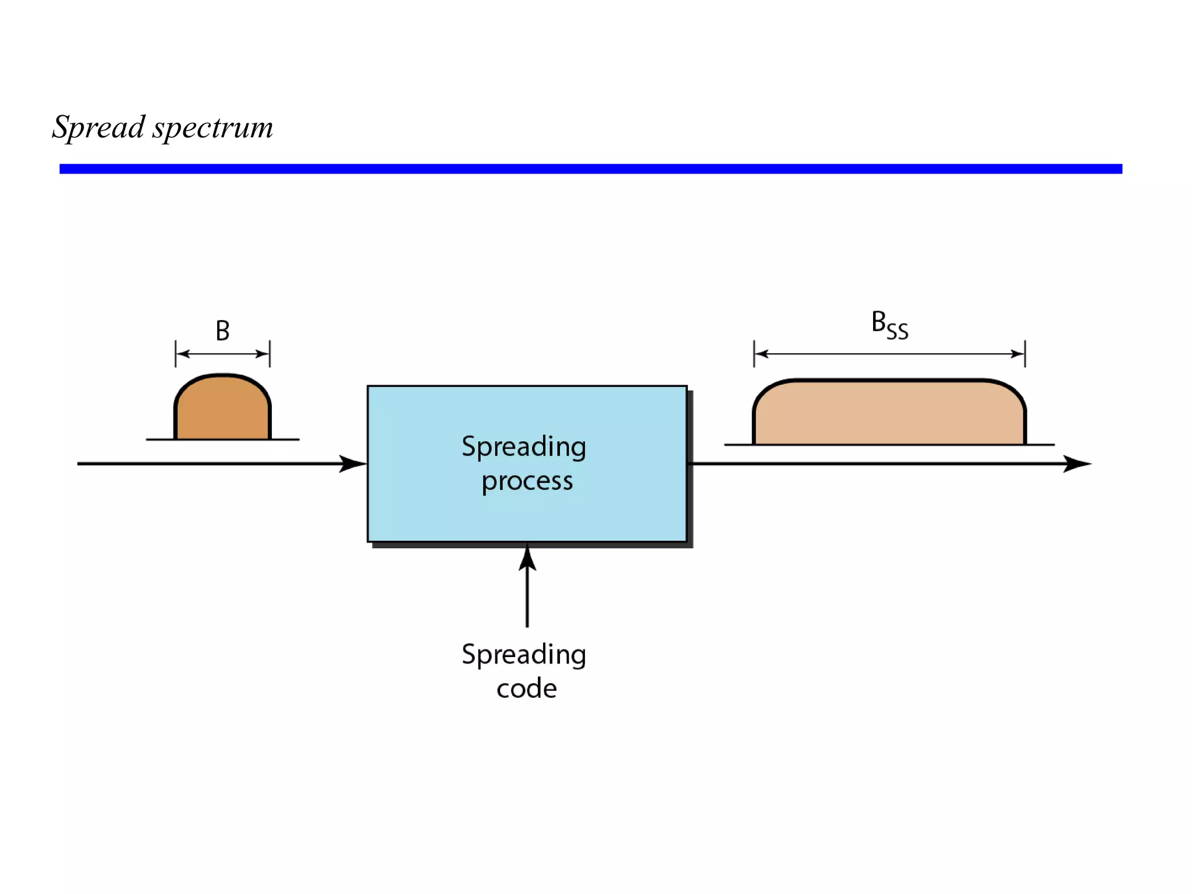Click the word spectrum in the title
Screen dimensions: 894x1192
[213, 128]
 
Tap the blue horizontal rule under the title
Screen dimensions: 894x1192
[590, 169]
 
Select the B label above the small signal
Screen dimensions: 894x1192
[222, 331]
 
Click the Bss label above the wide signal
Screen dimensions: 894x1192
[889, 325]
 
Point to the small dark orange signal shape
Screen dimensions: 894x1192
[222, 410]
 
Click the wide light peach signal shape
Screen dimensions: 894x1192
[889, 414]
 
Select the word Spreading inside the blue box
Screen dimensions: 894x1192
[524, 447]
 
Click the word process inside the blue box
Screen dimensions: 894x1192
[527, 481]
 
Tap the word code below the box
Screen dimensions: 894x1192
[527, 689]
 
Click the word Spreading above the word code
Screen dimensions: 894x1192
[524, 655]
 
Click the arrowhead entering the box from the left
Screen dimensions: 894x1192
[353, 464]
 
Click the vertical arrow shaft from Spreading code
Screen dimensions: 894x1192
[527, 599]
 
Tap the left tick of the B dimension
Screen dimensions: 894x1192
[175, 354]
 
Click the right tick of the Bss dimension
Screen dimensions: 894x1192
[1025, 354]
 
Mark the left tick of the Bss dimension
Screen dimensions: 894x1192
[754, 354]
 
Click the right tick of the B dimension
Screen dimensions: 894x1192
[270, 354]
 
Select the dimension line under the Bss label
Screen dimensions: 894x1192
[889, 354]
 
